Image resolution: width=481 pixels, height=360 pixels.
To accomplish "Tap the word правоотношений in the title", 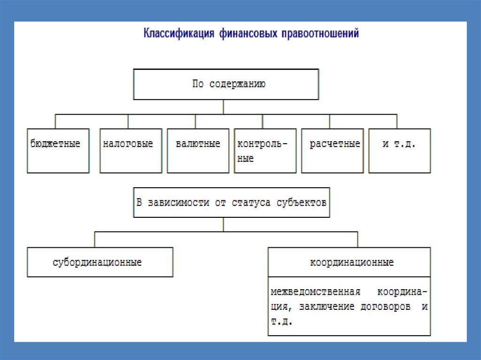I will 320,34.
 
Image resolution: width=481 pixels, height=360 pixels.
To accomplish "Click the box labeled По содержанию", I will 226,84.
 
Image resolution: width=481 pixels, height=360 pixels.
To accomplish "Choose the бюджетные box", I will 58,150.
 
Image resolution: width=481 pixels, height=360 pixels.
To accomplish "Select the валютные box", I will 198,150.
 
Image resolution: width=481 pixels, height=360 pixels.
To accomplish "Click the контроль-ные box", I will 265,150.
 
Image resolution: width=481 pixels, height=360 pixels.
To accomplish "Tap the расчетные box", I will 332,150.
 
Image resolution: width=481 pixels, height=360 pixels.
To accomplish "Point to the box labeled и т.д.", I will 399,150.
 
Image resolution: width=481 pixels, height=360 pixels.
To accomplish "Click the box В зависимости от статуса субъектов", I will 232,203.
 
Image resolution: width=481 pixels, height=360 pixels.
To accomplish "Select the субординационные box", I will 100,262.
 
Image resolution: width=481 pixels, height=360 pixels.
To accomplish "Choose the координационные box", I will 349,262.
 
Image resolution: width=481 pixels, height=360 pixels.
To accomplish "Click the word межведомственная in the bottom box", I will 315,292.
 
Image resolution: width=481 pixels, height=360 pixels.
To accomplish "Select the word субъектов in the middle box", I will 301,203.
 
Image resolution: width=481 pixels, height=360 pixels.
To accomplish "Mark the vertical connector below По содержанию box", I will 223,107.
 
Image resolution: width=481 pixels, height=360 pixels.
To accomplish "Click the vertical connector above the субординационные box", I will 96,239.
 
